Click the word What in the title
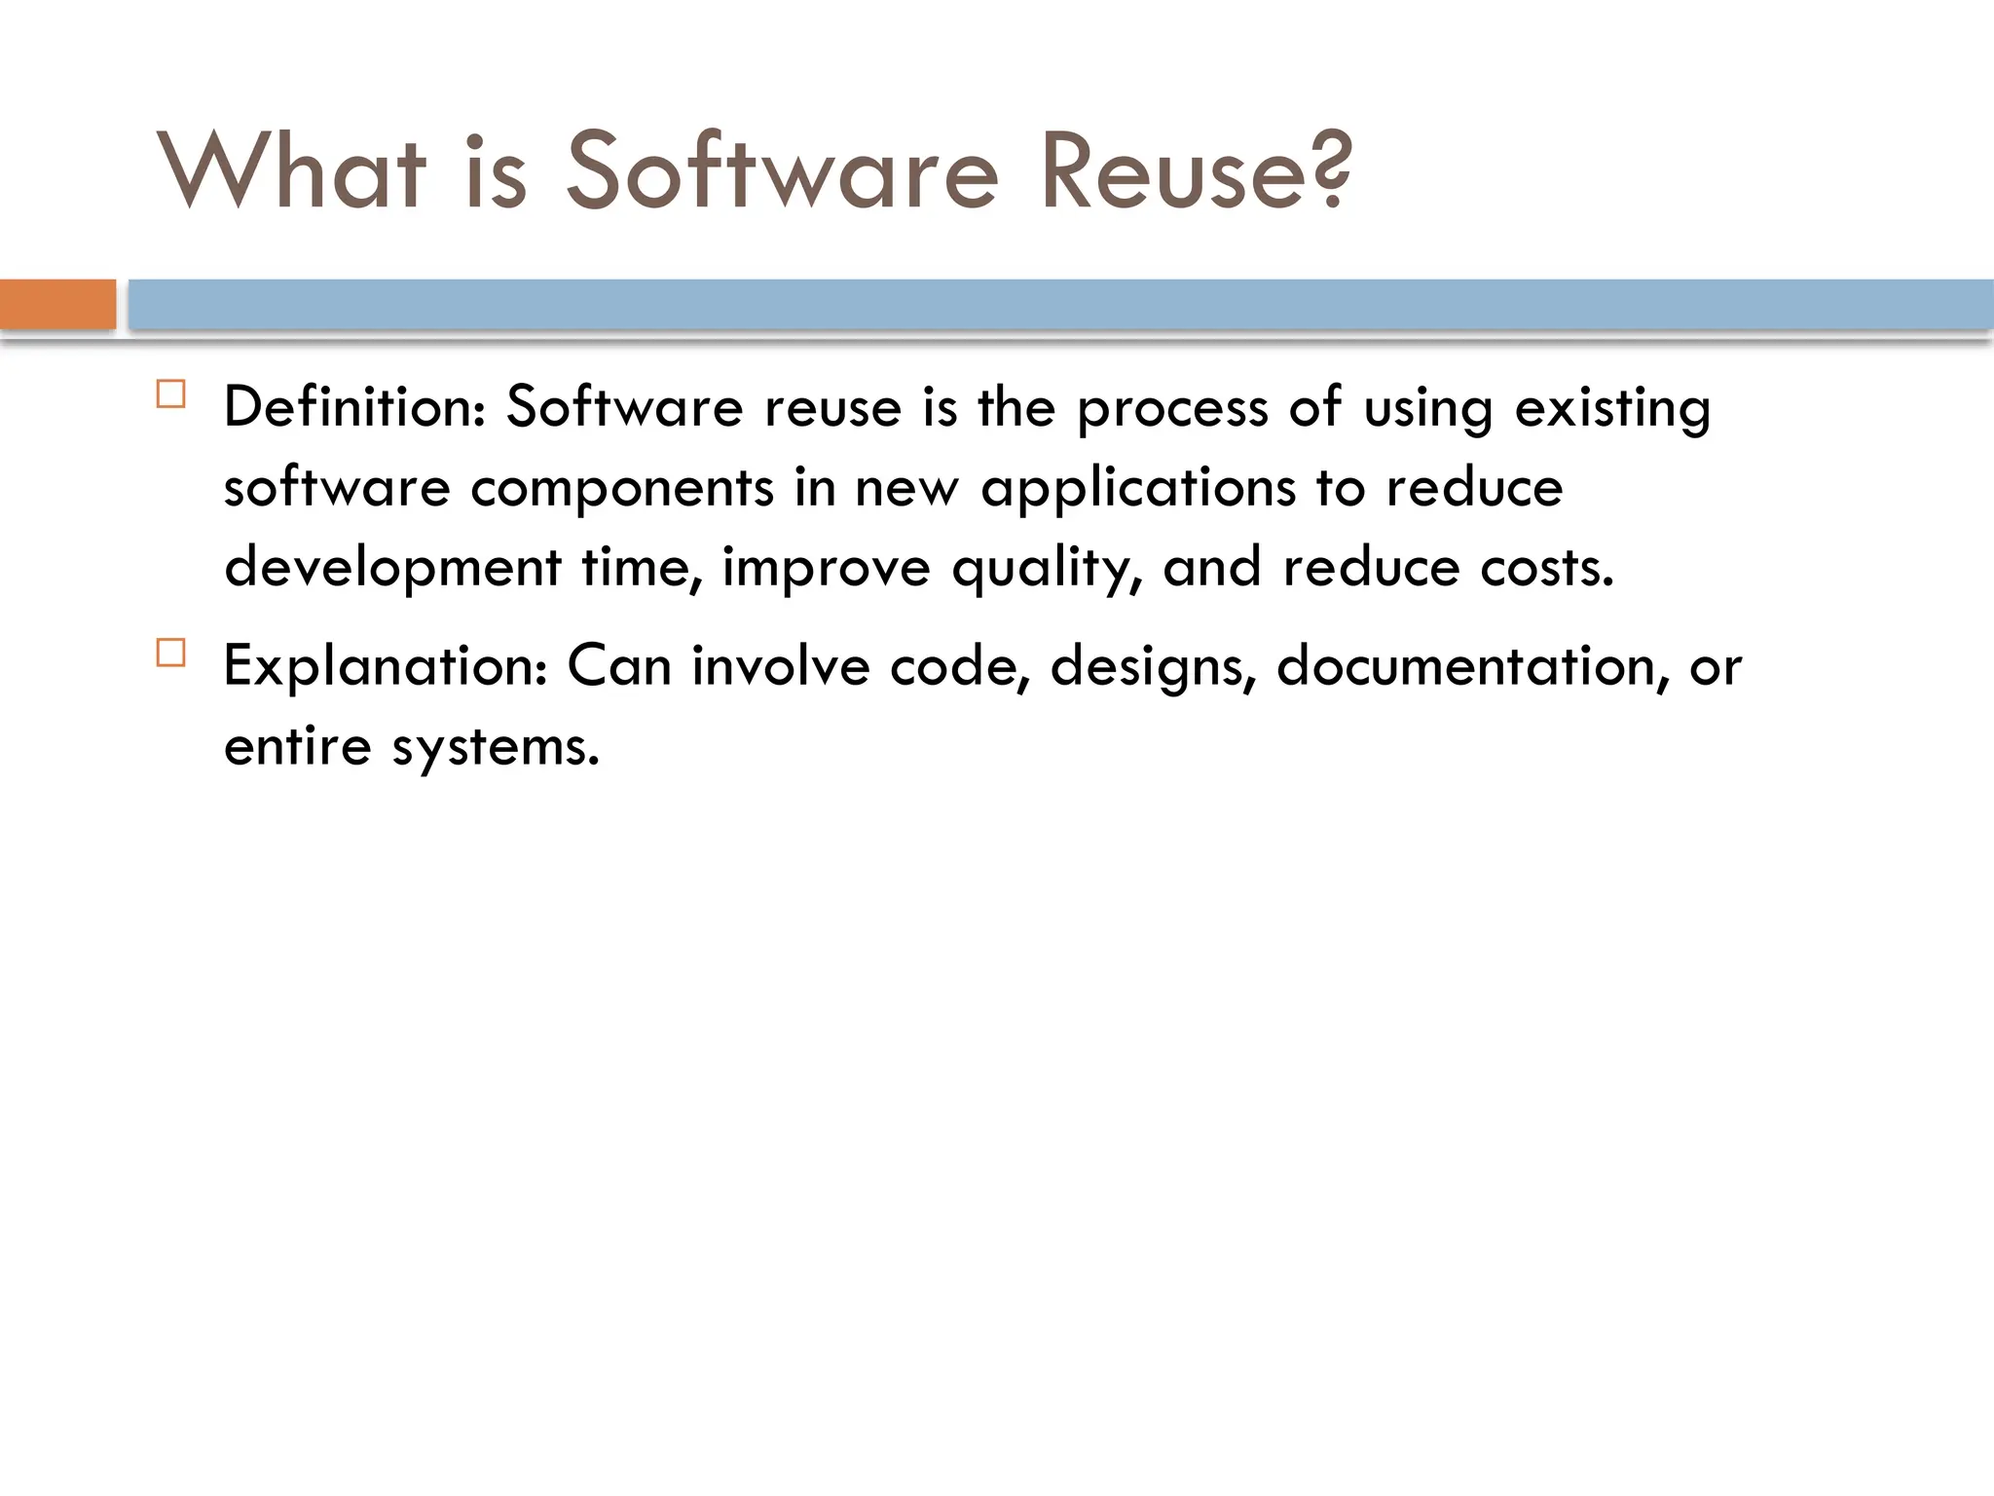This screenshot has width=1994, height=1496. point(291,171)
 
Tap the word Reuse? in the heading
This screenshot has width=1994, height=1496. point(1196,171)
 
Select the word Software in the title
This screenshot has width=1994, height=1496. point(782,171)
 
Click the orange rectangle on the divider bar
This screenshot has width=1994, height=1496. point(57,304)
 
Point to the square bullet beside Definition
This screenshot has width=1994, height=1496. point(170,393)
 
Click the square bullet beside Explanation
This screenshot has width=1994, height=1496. point(170,653)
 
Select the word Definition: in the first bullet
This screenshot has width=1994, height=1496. point(354,407)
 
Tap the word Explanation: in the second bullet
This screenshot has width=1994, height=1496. point(386,666)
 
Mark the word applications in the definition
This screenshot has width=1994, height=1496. point(1138,489)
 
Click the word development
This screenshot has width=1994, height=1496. point(392,569)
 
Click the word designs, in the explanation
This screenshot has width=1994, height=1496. point(1153,668)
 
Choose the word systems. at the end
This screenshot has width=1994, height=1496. point(495,748)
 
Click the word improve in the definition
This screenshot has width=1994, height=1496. point(826,569)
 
